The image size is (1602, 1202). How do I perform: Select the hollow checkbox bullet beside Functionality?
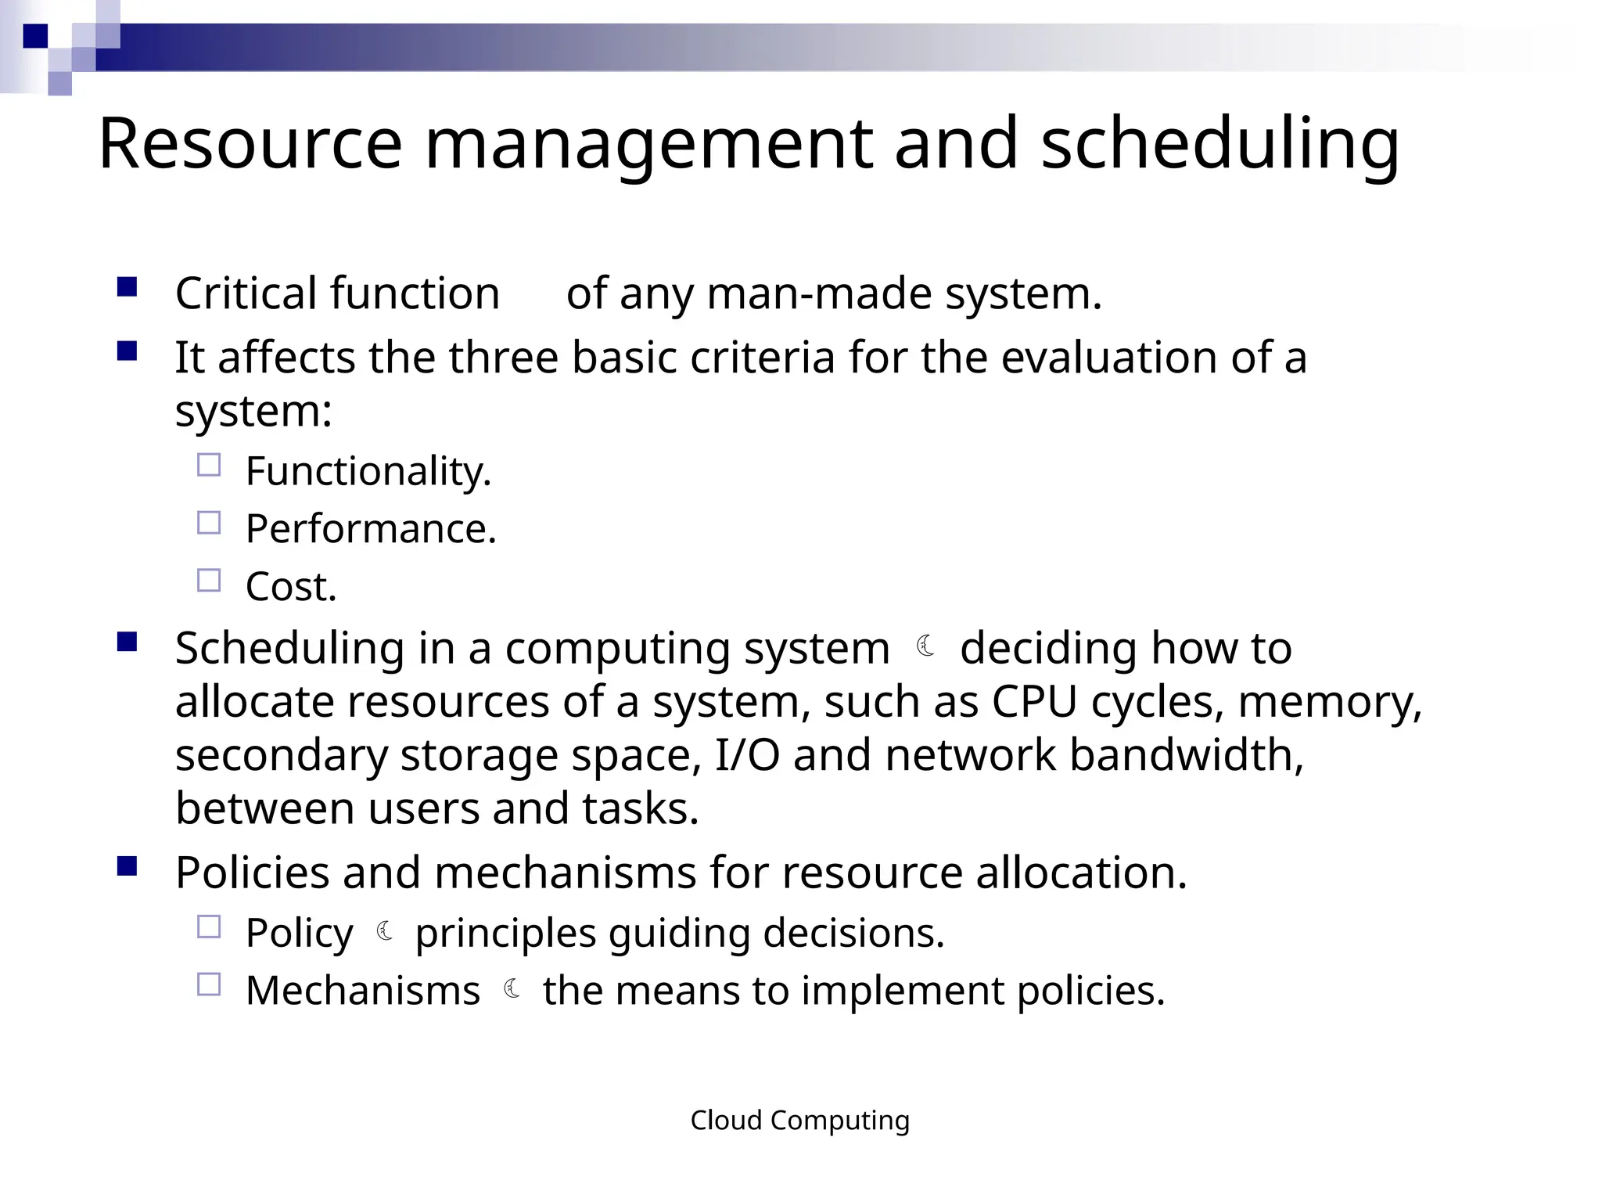pyautogui.click(x=209, y=466)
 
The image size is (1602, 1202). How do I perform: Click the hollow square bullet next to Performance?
pyautogui.click(x=209, y=523)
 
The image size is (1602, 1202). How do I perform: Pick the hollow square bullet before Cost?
pyautogui.click(x=209, y=581)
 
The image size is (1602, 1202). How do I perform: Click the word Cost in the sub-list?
pyautogui.click(x=290, y=586)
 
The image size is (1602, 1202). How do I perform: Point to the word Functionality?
pyautogui.click(x=368, y=471)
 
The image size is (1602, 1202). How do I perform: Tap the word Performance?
pyautogui.click(x=371, y=529)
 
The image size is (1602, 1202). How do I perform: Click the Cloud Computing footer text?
pyautogui.click(x=799, y=1121)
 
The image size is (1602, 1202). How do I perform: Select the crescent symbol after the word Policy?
pyautogui.click(x=385, y=931)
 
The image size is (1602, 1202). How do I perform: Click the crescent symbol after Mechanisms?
pyautogui.click(x=512, y=989)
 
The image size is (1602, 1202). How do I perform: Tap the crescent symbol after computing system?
pyautogui.click(x=926, y=646)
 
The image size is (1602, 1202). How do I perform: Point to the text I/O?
pyautogui.click(x=747, y=755)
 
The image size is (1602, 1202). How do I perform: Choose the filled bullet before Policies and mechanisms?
pyautogui.click(x=127, y=866)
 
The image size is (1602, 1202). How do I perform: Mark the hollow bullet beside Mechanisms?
pyautogui.click(x=209, y=984)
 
